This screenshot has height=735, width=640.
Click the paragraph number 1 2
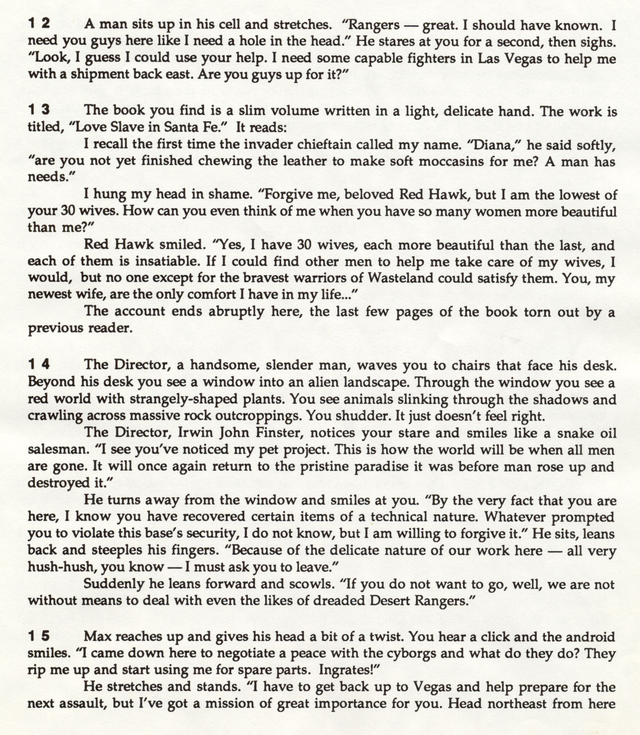(39, 24)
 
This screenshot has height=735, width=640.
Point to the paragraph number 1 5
(39, 636)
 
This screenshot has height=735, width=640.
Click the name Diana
(492, 145)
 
